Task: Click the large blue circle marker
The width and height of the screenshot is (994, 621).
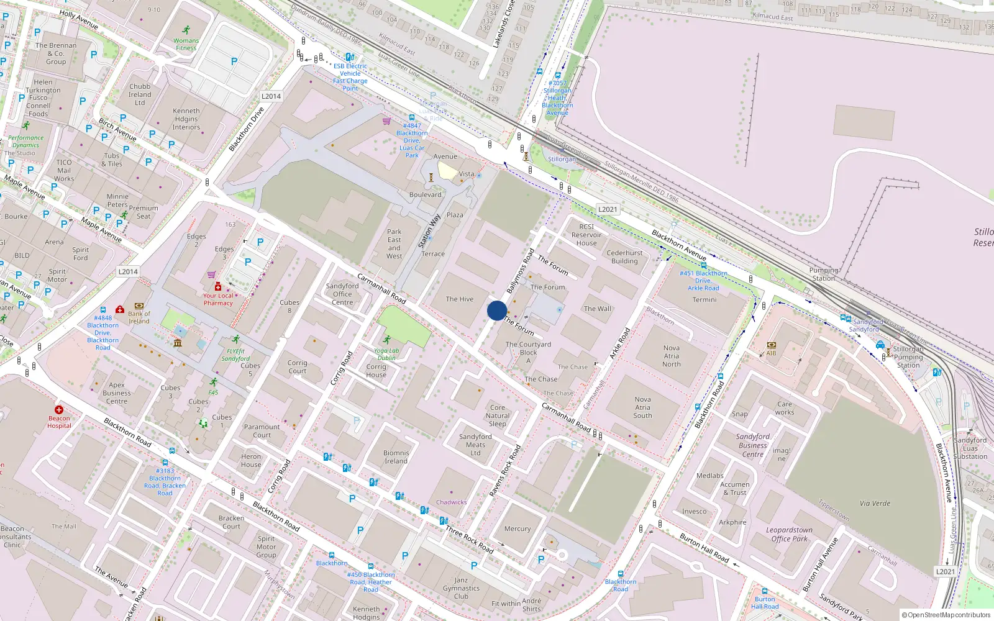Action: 496,310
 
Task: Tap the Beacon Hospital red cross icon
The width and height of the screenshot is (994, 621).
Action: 59,410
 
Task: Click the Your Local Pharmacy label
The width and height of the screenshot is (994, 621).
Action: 218,299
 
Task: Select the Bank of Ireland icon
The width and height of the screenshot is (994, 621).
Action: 139,306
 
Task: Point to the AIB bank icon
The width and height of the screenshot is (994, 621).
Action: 771,345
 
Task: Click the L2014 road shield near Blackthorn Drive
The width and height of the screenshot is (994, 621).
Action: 271,96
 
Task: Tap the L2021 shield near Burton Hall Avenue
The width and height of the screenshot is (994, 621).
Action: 945,571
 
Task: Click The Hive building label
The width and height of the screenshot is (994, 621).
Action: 459,299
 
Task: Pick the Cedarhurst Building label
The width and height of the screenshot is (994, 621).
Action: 624,257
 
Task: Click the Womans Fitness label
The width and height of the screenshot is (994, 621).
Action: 186,44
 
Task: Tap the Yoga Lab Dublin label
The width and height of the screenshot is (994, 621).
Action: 386,354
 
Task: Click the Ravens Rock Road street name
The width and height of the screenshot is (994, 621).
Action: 505,470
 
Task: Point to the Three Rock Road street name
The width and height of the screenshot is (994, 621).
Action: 470,540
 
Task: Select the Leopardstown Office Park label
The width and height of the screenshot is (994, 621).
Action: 789,534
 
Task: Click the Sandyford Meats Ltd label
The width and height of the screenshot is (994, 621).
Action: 475,445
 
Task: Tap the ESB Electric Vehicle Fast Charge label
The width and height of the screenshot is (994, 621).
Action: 350,77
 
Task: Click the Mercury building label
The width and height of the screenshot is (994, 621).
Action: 518,529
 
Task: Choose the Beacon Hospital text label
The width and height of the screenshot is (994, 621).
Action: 59,422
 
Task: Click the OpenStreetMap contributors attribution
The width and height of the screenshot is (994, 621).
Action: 946,615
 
